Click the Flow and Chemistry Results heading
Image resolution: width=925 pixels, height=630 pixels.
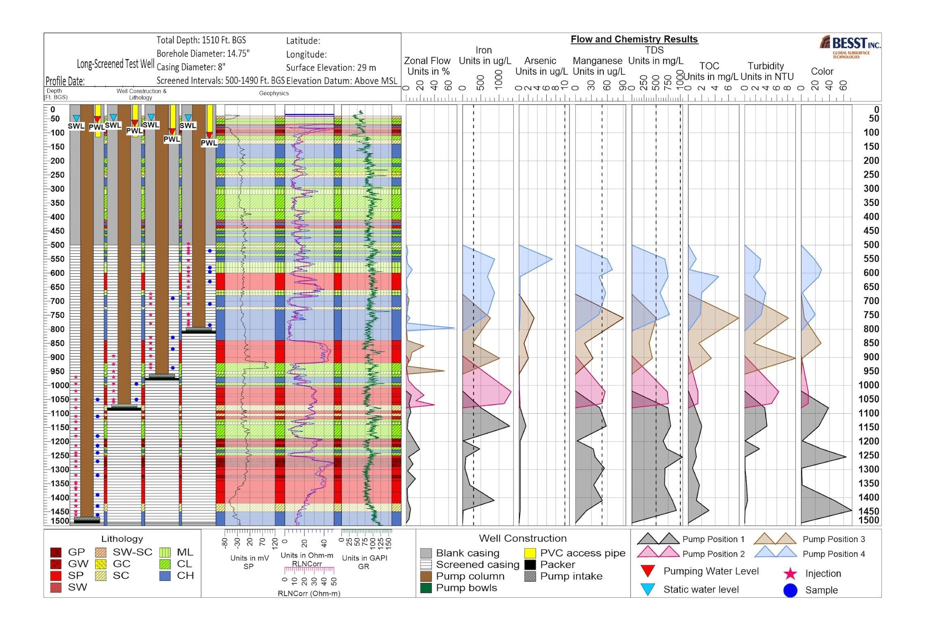point(634,40)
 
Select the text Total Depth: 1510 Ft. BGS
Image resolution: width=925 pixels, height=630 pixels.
point(201,40)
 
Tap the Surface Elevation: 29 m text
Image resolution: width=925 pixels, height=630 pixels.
point(331,68)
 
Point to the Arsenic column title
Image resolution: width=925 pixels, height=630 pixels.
point(541,61)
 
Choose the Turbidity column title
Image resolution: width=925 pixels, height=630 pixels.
point(766,66)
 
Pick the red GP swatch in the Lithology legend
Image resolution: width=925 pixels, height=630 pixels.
point(55,553)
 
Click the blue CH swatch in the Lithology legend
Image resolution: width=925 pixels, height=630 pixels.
point(165,576)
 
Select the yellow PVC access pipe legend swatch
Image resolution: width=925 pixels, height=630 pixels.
point(530,553)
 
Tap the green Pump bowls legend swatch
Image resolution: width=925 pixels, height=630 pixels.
point(426,588)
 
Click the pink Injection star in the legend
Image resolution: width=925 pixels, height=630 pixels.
point(790,574)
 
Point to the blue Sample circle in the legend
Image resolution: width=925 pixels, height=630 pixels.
point(790,590)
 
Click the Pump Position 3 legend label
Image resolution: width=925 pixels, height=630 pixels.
point(833,540)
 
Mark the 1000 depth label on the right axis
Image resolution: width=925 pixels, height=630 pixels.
point(871,385)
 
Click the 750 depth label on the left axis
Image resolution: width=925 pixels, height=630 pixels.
point(58,315)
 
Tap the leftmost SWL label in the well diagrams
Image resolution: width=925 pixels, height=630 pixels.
point(76,126)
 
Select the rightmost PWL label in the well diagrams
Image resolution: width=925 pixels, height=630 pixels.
point(209,143)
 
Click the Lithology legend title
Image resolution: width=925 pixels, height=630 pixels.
point(122,539)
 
